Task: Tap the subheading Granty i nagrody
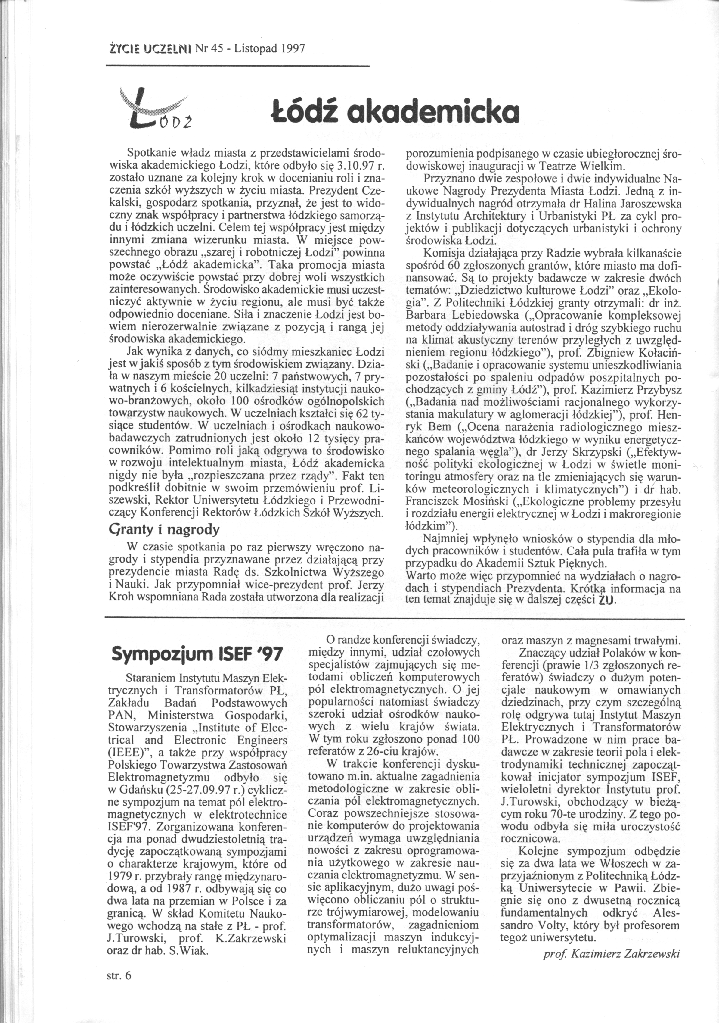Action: pyautogui.click(x=164, y=530)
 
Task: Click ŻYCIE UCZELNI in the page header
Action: pyautogui.click(x=141, y=48)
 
